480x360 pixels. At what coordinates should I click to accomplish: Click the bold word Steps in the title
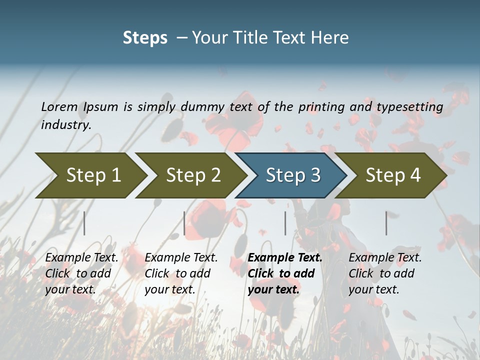145,38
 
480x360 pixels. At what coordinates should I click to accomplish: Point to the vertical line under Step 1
84,223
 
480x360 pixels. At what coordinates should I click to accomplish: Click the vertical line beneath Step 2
184,223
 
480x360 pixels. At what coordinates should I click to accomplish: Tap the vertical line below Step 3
285,223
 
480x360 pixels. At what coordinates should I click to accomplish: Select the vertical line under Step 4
386,223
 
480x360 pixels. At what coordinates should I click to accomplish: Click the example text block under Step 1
81,273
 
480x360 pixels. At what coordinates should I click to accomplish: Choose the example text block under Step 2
181,273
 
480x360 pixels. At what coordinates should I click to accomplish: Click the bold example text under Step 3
285,273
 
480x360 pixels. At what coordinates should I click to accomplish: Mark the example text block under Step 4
385,273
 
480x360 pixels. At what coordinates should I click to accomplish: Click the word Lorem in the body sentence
59,106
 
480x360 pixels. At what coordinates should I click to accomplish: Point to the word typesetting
409,106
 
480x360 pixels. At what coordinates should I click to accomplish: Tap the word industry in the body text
66,124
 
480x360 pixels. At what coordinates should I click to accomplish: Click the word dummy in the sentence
202,106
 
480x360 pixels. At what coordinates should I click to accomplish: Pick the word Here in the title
332,38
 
